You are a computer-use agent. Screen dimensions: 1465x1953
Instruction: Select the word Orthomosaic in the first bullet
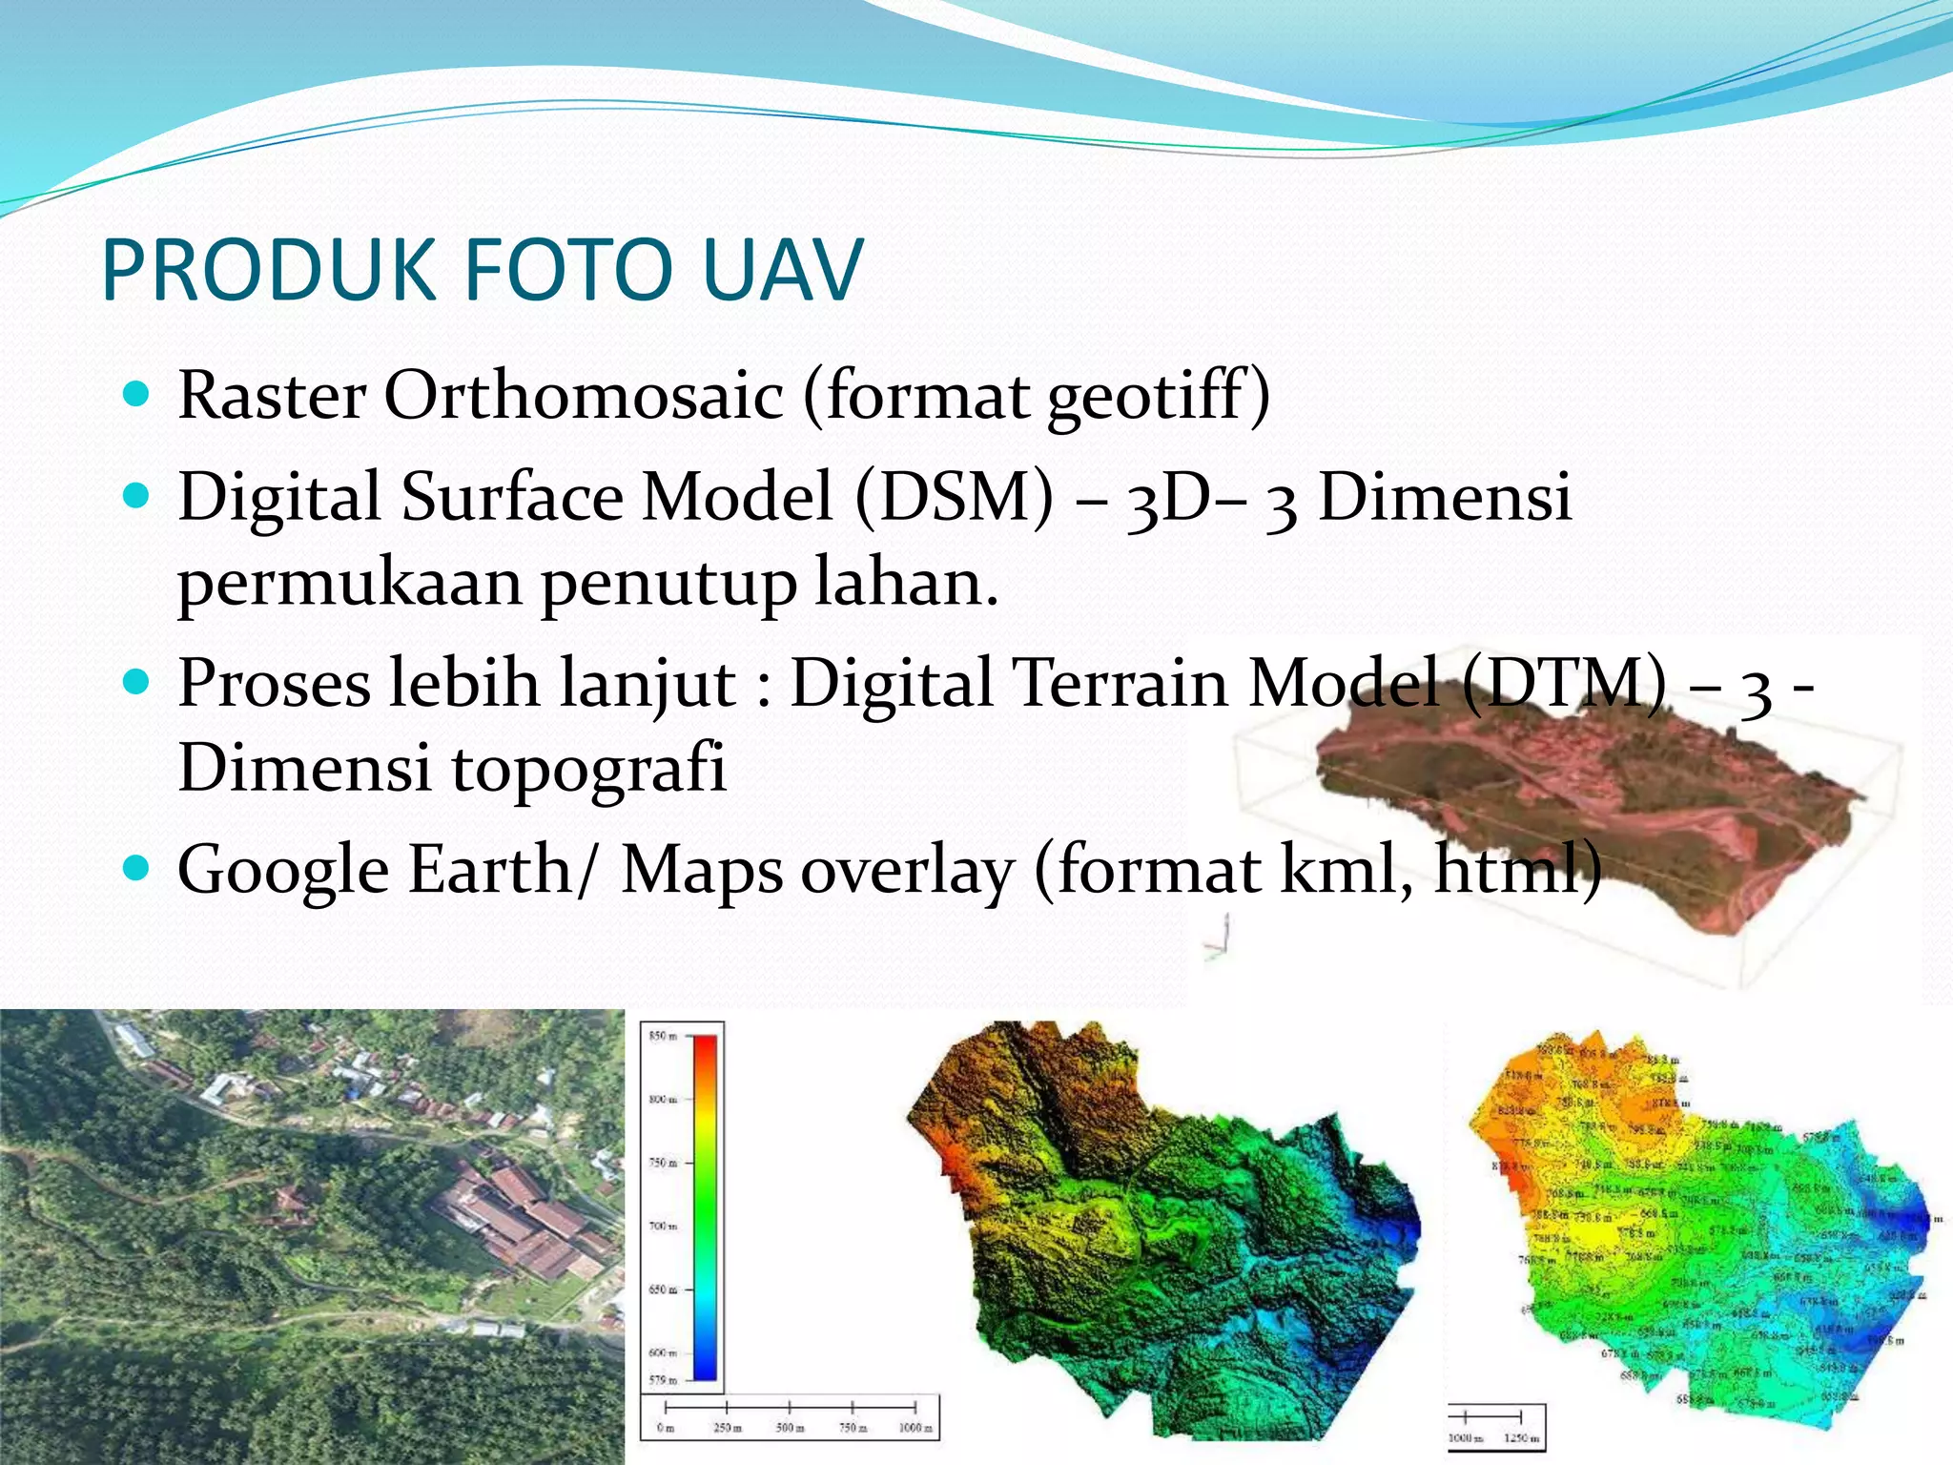pyautogui.click(x=584, y=396)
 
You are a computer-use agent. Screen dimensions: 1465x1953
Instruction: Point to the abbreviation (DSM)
pyautogui.click(x=954, y=498)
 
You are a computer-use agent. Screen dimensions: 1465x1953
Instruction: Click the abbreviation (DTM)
pyautogui.click(x=1564, y=684)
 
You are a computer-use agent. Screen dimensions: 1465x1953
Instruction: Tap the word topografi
pyautogui.click(x=588, y=769)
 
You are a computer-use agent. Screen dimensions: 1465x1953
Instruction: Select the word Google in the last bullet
pyautogui.click(x=283, y=870)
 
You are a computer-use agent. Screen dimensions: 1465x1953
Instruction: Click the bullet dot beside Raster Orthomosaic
pyautogui.click(x=137, y=393)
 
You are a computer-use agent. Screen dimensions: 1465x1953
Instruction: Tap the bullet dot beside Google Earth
pyautogui.click(x=137, y=867)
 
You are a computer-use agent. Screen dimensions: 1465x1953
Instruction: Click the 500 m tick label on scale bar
pyautogui.click(x=790, y=1428)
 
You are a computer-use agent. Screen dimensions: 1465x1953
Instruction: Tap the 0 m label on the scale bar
pyautogui.click(x=666, y=1428)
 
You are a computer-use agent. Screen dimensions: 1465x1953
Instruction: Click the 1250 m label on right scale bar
pyautogui.click(x=1520, y=1437)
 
